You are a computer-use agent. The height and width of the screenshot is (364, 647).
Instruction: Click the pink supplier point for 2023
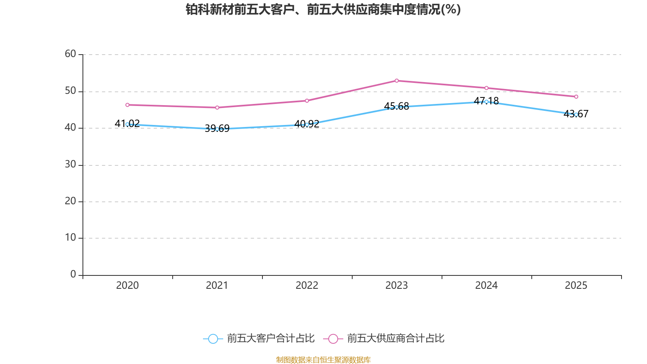pos(397,81)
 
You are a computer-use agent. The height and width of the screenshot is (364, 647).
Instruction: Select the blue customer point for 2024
pos(486,102)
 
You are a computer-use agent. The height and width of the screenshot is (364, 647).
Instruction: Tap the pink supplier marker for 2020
pos(127,105)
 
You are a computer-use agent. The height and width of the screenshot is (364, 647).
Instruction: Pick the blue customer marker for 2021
pos(217,129)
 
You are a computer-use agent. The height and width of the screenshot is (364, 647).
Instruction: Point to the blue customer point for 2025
pos(576,114)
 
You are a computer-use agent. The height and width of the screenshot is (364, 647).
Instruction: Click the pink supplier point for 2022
pos(307,101)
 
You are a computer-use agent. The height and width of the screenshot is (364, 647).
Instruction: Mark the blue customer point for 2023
pos(397,107)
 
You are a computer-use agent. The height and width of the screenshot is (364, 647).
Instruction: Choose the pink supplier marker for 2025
pos(576,97)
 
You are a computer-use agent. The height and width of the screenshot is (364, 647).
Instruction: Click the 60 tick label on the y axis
pos(70,54)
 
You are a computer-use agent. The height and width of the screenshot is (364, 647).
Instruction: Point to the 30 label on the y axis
pos(70,165)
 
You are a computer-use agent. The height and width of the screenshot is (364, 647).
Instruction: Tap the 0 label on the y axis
pos(73,275)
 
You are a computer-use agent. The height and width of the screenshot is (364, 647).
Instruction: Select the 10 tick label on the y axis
pos(70,238)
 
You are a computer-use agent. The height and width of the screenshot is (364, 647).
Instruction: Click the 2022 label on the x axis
pos(307,286)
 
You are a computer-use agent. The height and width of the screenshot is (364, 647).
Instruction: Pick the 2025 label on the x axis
pos(576,286)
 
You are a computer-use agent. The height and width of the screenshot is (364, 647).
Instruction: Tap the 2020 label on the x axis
pos(127,286)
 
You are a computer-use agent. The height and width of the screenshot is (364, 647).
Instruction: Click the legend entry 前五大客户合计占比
pos(271,339)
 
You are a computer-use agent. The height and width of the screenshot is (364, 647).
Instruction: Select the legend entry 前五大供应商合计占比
pos(395,339)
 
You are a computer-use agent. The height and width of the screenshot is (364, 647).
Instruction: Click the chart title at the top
pos(323,9)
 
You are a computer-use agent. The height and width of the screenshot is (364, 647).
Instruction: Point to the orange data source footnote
pos(323,360)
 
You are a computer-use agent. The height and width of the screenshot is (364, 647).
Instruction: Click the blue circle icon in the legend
pos(213,339)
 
